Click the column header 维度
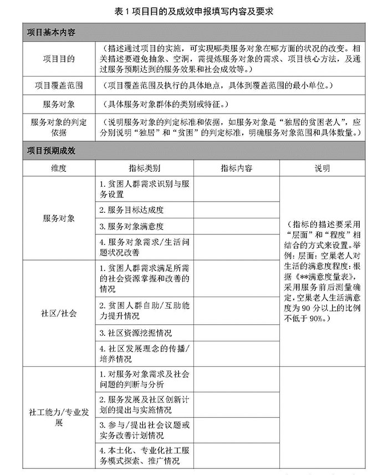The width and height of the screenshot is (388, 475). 58,168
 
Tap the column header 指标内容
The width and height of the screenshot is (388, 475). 236,168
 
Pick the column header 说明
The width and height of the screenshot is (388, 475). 322,168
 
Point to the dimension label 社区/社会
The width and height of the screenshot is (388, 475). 59,313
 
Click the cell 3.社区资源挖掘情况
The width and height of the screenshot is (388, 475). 135,333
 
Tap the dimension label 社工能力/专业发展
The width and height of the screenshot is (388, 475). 59,417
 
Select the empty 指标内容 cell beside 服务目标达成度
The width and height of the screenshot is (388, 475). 236,210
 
